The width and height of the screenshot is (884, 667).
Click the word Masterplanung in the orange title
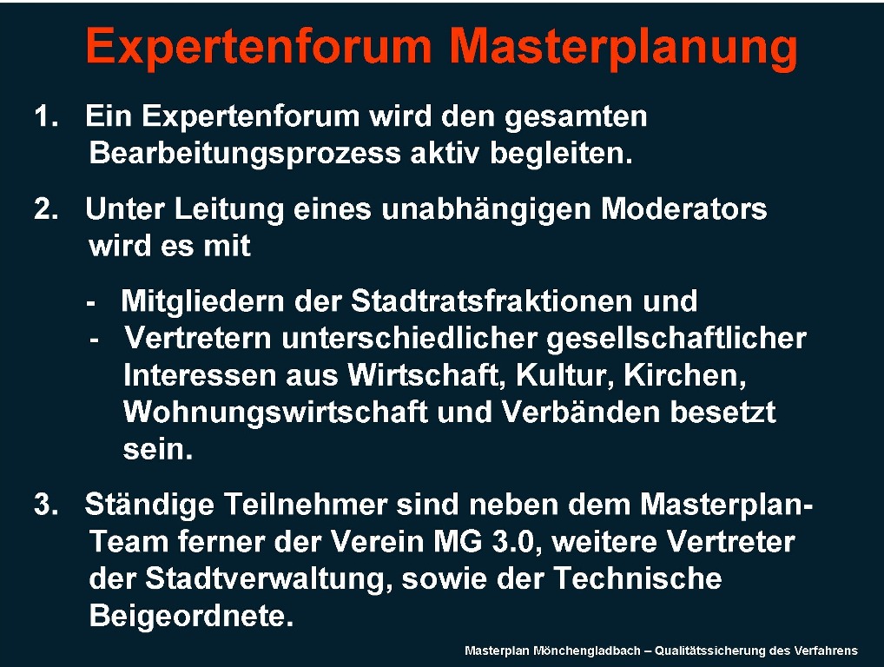pyautogui.click(x=623, y=49)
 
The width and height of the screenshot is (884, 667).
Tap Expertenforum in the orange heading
pyautogui.click(x=259, y=49)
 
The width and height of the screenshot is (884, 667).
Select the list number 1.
pyautogui.click(x=46, y=116)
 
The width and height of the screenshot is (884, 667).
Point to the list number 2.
pyautogui.click(x=46, y=209)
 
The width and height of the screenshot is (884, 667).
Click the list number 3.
pyautogui.click(x=46, y=505)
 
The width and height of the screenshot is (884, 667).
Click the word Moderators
pyautogui.click(x=684, y=209)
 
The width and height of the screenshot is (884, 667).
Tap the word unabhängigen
pyautogui.click(x=486, y=211)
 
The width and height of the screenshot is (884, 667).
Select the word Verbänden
pyautogui.click(x=581, y=413)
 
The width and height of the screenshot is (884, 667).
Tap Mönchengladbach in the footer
pyautogui.click(x=586, y=651)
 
